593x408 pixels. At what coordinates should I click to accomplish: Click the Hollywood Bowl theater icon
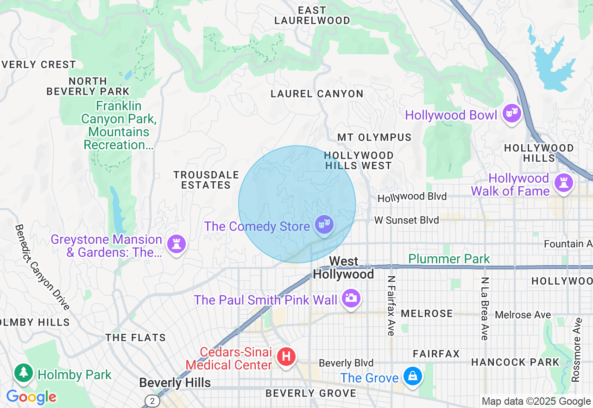coord(512,113)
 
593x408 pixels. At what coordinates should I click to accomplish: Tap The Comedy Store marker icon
coord(324,225)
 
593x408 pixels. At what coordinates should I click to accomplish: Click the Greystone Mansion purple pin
coord(176,243)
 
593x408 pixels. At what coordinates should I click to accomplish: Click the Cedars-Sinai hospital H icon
coord(286,357)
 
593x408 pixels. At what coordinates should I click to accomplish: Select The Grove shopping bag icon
coord(412,376)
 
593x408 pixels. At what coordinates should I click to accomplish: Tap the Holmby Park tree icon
coord(23,373)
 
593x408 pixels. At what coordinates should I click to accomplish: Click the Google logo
coord(31,397)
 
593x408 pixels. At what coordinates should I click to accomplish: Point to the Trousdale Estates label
coord(206,180)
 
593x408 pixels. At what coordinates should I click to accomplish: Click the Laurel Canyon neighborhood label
coord(317,94)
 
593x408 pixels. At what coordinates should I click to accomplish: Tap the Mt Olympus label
coord(374,137)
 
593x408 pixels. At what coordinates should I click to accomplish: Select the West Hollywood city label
coord(343,268)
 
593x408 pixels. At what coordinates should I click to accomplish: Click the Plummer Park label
coord(449,259)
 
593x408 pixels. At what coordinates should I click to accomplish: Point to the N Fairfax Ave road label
coord(391,306)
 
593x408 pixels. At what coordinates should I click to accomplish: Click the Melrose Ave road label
coord(523,315)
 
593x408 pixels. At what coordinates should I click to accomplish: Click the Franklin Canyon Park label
coord(119,125)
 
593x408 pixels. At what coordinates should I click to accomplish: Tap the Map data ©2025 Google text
coord(536,402)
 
